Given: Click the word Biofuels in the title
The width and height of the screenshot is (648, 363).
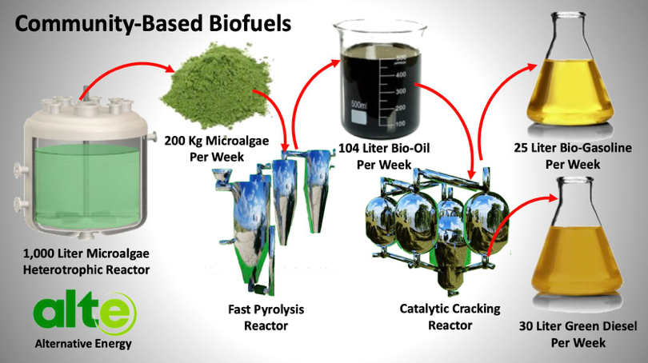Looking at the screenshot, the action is (250, 23).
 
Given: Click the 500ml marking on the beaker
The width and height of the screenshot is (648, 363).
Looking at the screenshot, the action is (358, 105).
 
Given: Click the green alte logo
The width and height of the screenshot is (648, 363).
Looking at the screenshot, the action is (85, 313).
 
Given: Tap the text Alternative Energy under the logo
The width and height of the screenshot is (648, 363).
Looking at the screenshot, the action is (83, 344).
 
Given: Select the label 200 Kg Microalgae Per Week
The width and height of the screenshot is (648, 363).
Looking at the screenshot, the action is (217, 149).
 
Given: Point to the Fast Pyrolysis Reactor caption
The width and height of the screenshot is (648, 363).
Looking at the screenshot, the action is (266, 317).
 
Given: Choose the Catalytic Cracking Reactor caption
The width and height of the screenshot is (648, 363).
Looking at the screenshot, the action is (450, 317).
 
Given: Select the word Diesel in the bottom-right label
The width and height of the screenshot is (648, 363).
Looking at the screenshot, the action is (618, 326).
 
